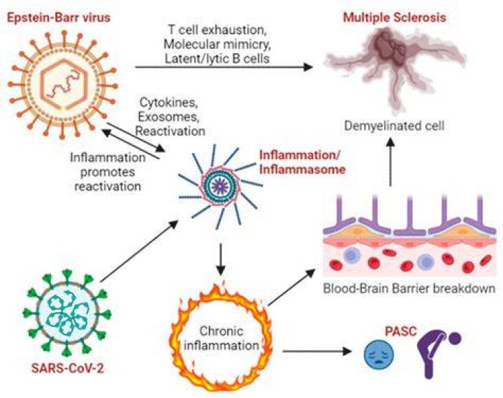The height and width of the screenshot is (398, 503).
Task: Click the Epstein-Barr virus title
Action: click(x=59, y=17)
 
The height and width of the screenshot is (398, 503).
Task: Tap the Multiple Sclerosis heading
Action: click(x=395, y=17)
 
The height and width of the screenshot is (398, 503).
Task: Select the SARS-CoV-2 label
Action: click(x=68, y=369)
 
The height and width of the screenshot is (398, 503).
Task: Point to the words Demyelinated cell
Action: click(x=394, y=126)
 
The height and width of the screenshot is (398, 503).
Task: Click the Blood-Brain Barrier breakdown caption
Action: click(x=409, y=288)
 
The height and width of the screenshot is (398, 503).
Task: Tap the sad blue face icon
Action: click(x=379, y=354)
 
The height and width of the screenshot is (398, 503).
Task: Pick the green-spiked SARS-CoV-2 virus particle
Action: click(x=67, y=313)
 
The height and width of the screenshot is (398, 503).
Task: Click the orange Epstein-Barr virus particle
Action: click(x=63, y=85)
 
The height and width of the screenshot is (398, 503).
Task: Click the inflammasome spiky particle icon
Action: click(x=221, y=185)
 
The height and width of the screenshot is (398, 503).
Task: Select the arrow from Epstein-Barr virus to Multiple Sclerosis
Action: click(x=224, y=67)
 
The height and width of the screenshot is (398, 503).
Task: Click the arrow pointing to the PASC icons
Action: click(x=317, y=351)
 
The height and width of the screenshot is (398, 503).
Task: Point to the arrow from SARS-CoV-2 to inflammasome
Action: click(x=139, y=251)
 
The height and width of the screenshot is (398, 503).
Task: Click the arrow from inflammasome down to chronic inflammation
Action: click(x=220, y=259)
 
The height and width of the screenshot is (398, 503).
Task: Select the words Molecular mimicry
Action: click(x=217, y=44)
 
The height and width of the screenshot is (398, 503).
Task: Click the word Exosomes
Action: click(x=169, y=117)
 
